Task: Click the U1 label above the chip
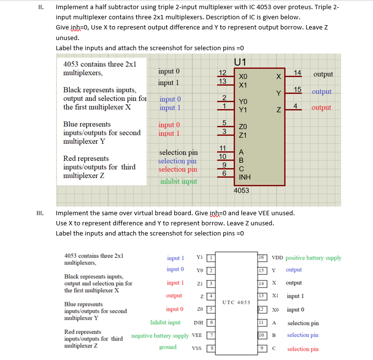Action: pyautogui.click(x=241, y=62)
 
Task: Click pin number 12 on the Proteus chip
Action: pyautogui.click(x=222, y=73)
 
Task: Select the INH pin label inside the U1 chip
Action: pyautogui.click(x=245, y=177)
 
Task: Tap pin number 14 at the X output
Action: pyautogui.click(x=298, y=73)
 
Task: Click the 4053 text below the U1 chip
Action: pyautogui.click(x=241, y=190)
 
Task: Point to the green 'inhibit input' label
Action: pyautogui.click(x=179, y=181)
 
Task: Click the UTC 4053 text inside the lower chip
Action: pyautogui.click(x=236, y=302)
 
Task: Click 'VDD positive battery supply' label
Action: pyautogui.click(x=306, y=258)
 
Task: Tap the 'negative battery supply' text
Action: pyautogui.click(x=160, y=335)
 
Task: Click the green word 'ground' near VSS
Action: pyautogui.click(x=168, y=347)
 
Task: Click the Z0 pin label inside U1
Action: pyautogui.click(x=243, y=126)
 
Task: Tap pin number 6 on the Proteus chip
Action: pyautogui.click(x=223, y=173)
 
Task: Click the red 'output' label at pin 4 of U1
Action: pyautogui.click(x=321, y=108)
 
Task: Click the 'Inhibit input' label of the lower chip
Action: pyautogui.click(x=165, y=322)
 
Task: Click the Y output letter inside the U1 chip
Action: pyautogui.click(x=278, y=93)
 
